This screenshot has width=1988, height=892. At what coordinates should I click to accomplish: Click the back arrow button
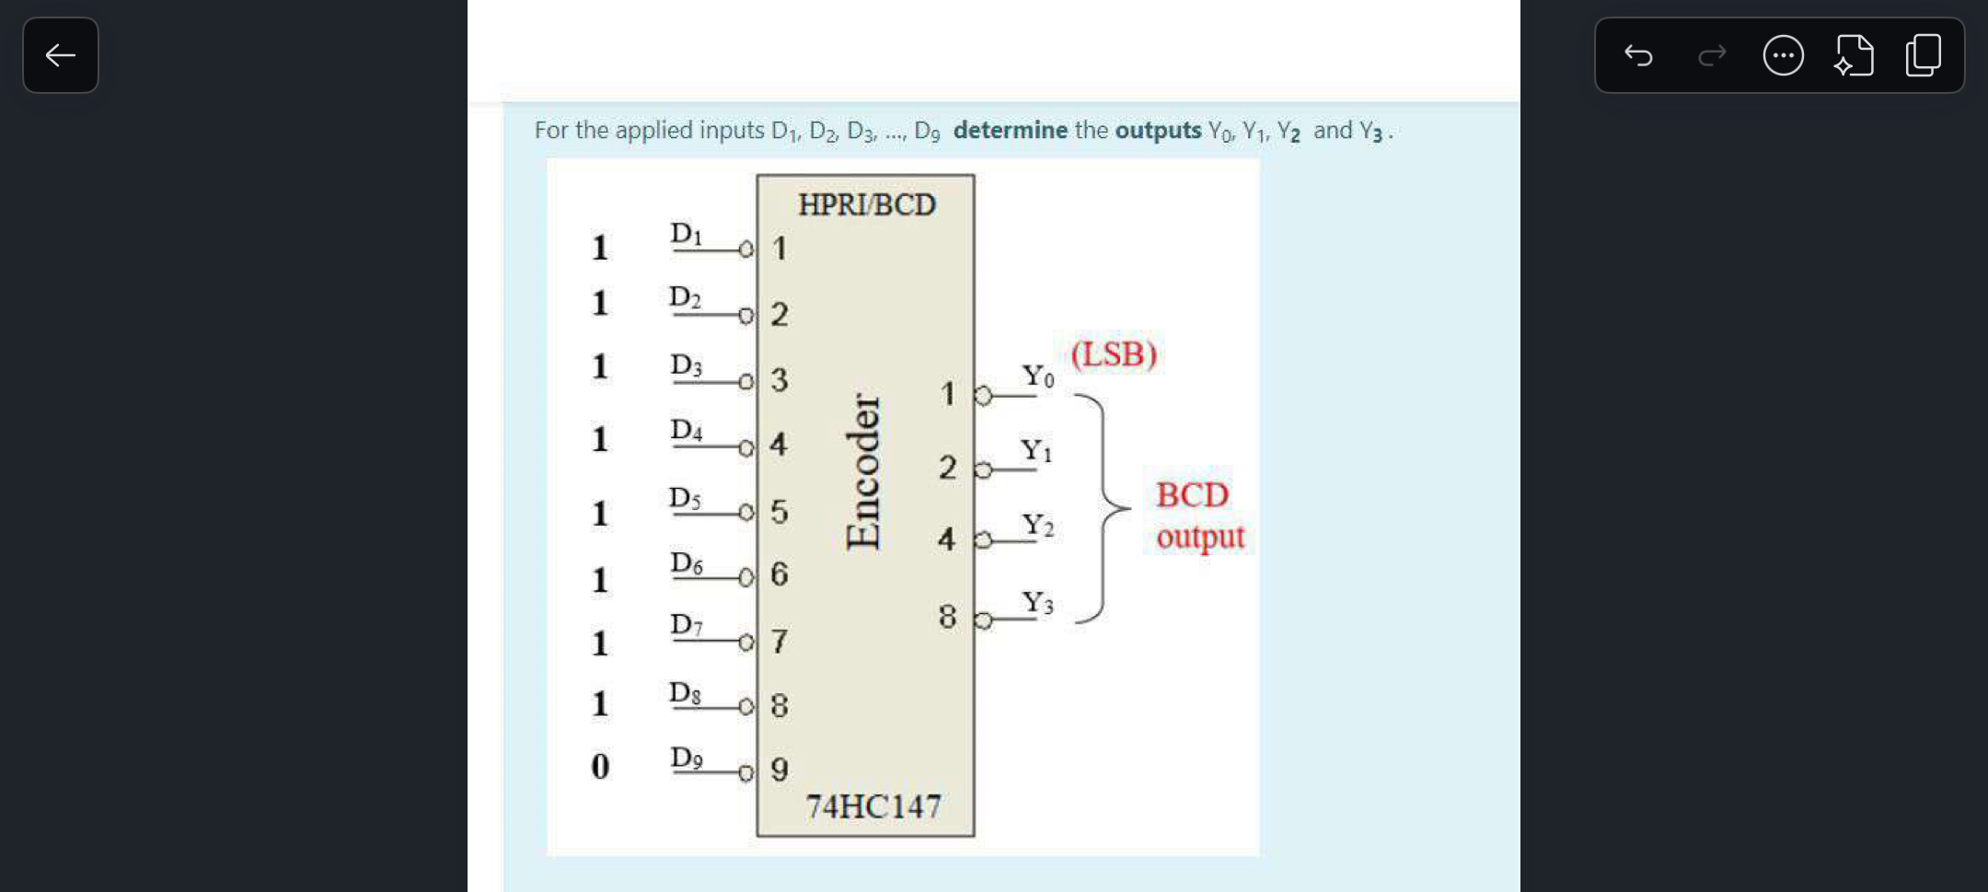[61, 55]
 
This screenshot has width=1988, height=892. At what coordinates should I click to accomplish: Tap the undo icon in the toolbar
[1638, 55]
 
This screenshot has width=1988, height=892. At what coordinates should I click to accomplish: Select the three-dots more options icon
[1783, 55]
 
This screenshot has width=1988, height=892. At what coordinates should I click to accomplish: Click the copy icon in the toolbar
[1923, 55]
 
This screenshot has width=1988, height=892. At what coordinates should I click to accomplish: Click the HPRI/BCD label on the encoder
[866, 204]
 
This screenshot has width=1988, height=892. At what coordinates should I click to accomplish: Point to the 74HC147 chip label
[873, 806]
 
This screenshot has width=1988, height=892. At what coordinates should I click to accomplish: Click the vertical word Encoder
[863, 471]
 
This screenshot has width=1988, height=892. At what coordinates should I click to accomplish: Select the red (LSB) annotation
[1114, 354]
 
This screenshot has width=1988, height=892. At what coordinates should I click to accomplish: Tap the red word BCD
[1192, 495]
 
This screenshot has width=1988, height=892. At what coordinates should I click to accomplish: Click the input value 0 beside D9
[600, 766]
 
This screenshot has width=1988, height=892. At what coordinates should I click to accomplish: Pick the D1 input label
[687, 234]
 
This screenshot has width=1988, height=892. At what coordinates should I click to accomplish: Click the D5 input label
[685, 498]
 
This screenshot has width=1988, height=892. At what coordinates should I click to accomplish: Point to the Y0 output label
[1038, 376]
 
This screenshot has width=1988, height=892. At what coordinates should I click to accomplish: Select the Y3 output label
[1037, 603]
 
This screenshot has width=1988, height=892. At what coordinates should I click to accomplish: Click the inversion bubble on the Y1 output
[983, 470]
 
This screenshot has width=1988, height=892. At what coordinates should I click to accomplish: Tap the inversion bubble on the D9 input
[746, 773]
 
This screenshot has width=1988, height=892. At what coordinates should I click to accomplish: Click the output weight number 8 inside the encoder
[947, 616]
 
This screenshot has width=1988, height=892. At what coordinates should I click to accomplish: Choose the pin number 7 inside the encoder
[780, 641]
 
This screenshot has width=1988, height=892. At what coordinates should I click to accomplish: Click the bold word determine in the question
[1010, 131]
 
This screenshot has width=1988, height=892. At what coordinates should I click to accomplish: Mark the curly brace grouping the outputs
[1104, 507]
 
